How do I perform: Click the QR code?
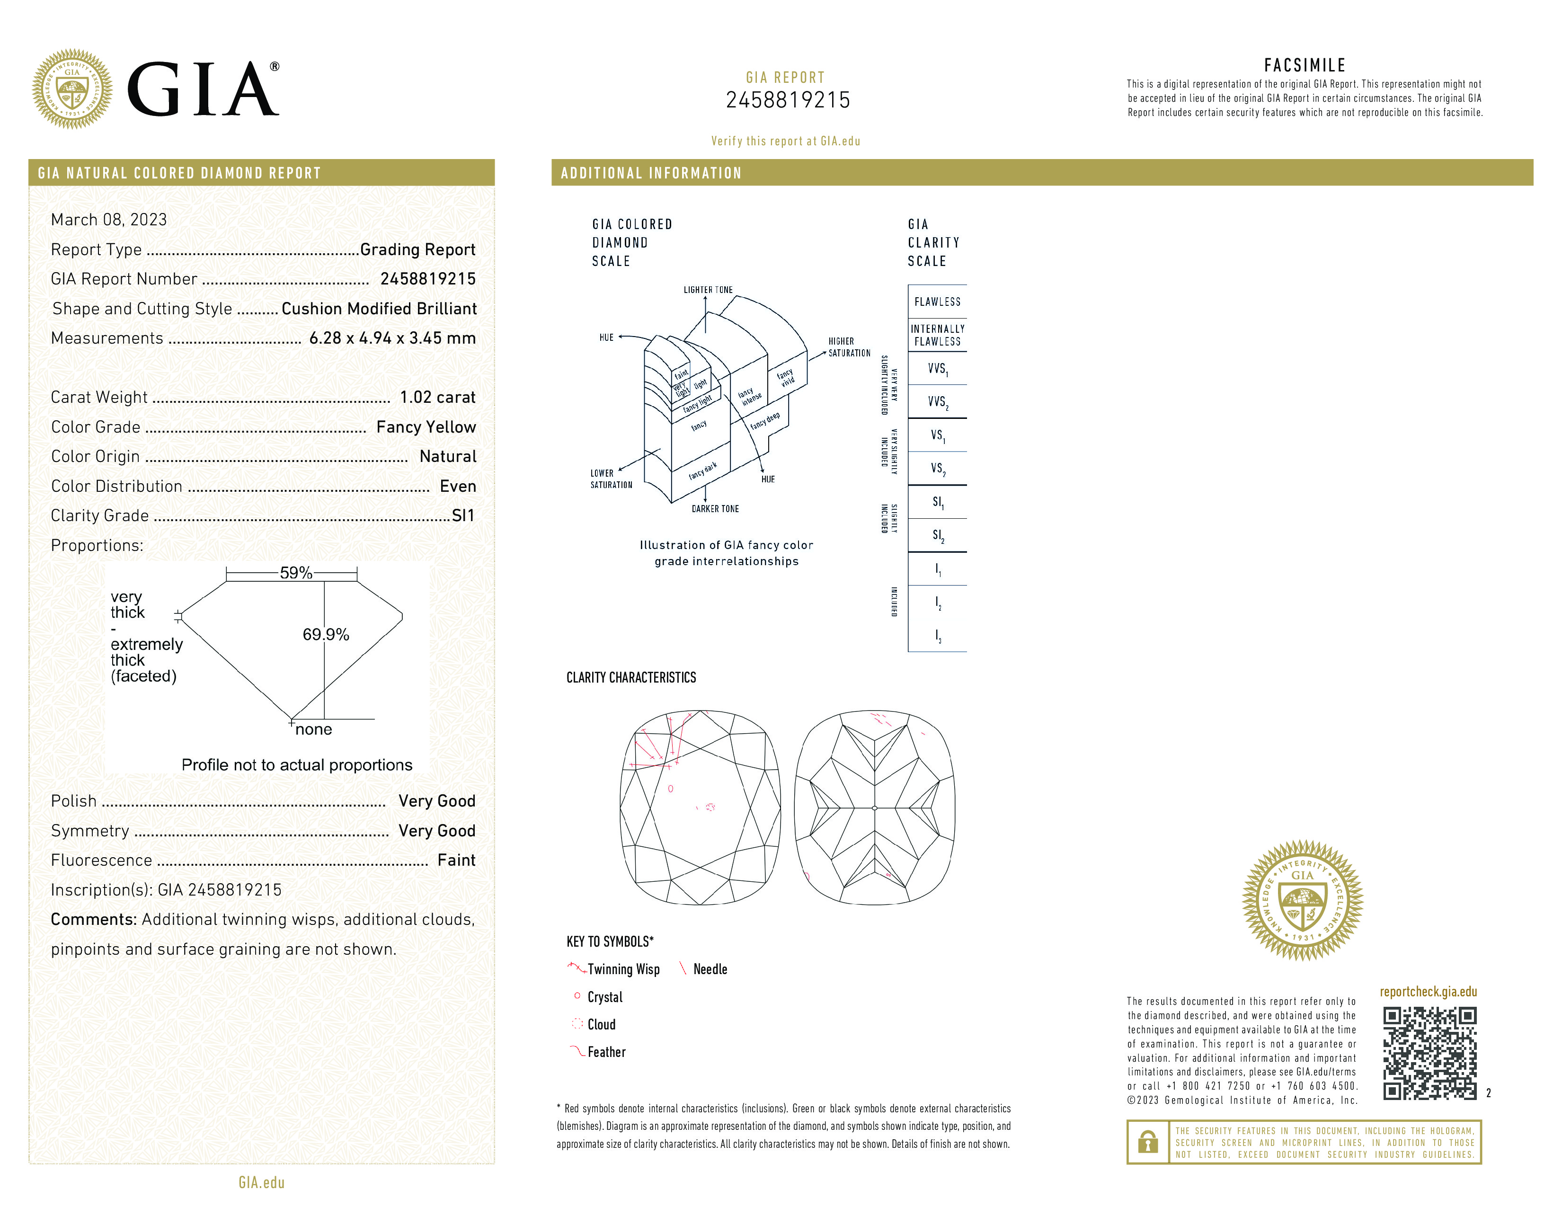coord(1429,1053)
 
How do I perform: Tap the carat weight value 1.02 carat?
coord(437,398)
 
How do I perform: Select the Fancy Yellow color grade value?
coord(426,427)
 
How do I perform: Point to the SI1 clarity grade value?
coord(463,515)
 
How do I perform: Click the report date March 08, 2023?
coord(109,220)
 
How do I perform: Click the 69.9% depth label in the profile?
coord(326,634)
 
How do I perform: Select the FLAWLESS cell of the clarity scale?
coord(937,302)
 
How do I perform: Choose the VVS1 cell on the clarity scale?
coord(937,369)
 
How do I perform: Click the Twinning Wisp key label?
coord(623,969)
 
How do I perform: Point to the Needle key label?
coord(710,969)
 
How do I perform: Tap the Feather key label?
coord(606,1052)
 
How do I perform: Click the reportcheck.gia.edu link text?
coord(1428,992)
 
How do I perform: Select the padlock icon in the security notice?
coord(1148,1142)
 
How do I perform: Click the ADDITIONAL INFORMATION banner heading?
coord(651,173)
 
